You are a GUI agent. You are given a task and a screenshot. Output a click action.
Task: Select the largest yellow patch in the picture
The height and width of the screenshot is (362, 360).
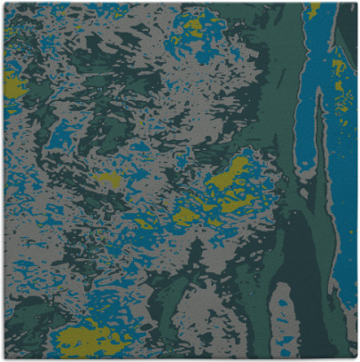coord(89,338)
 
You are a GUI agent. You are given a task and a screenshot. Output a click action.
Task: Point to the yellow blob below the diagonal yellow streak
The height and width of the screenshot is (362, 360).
coord(186,214)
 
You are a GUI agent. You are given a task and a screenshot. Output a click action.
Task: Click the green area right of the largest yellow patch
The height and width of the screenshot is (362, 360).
coord(146,342)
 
